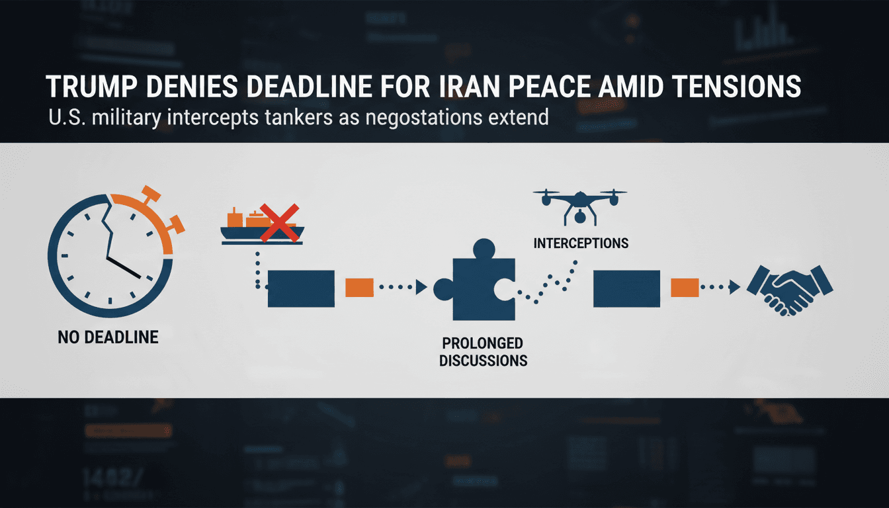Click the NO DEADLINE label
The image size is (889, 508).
108,337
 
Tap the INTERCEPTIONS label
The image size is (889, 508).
580,243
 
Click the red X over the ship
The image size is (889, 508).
278,223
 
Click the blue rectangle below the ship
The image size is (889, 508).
301,288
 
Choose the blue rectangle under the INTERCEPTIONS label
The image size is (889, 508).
626,288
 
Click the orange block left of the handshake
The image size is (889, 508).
685,288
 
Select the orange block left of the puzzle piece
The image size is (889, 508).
359,288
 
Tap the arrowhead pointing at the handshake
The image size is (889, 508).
734,288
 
